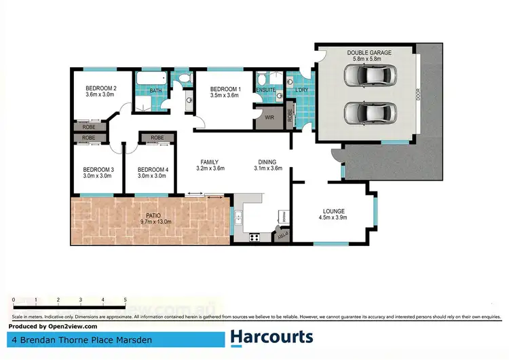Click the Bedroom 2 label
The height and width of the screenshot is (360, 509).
pos(101,88)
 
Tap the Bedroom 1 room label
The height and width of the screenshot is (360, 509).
pos(226,89)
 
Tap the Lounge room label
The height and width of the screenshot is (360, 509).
pos(333,211)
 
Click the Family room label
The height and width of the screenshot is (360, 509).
pos(210,162)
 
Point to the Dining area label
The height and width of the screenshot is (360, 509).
pos(267,162)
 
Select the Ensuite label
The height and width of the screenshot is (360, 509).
pos(265,90)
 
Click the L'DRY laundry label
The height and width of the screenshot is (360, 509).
pos(299,90)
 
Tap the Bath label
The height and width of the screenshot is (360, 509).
pos(155,90)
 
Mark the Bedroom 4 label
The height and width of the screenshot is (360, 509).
pos(152,169)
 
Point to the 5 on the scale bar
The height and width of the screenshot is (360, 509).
pos(126,299)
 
